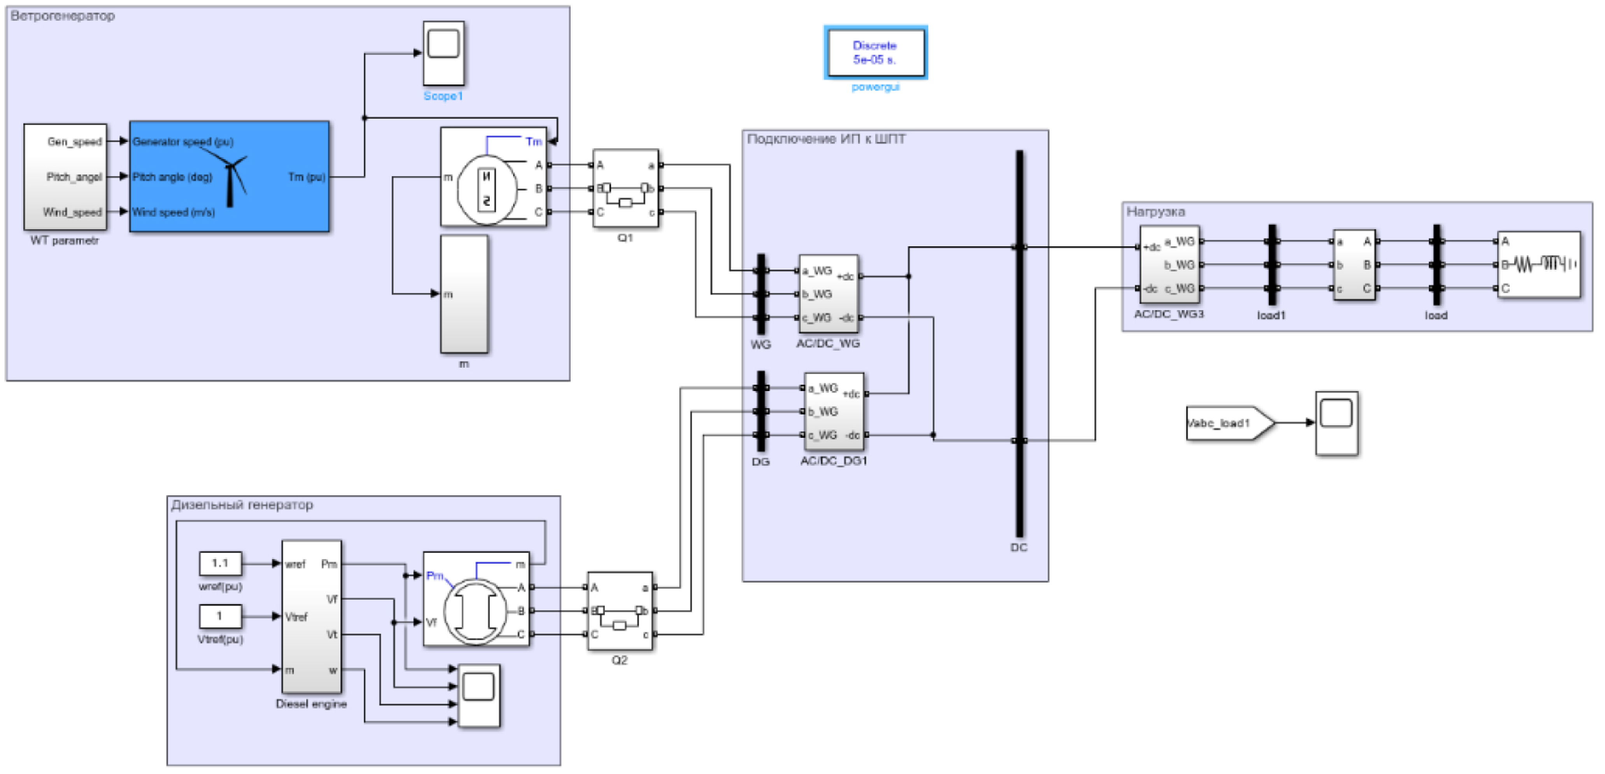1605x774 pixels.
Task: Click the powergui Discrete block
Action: pyautogui.click(x=875, y=53)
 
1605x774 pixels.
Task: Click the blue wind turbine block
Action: pyautogui.click(x=229, y=176)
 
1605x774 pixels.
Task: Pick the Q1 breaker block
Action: pyautogui.click(x=626, y=188)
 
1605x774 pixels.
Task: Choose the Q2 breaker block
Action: pyautogui.click(x=620, y=611)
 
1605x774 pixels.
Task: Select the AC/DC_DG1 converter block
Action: pyautogui.click(x=834, y=411)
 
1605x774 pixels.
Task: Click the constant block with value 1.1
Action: pyautogui.click(x=220, y=563)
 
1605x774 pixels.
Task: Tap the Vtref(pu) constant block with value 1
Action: pyautogui.click(x=220, y=616)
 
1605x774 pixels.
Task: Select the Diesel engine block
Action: pyautogui.click(x=312, y=616)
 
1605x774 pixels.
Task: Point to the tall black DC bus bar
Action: pyautogui.click(x=1019, y=343)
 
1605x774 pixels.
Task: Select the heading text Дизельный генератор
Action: pyautogui.click(x=242, y=505)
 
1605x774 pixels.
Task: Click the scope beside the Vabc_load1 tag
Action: pyautogui.click(x=1337, y=423)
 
